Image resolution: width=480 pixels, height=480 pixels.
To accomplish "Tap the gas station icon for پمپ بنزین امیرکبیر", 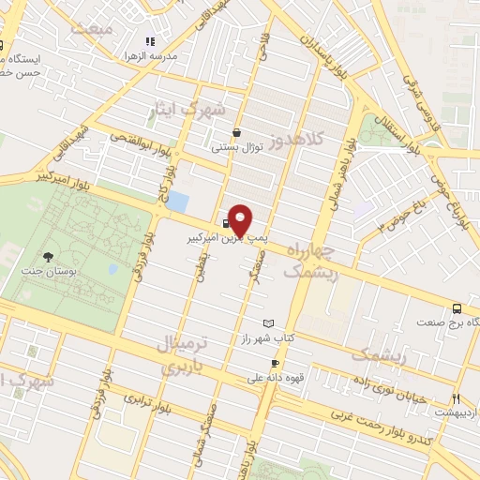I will point(226,223).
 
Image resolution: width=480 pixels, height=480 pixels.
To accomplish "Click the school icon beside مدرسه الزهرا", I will point(149,41).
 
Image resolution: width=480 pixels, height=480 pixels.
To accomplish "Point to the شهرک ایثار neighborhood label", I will point(187,111).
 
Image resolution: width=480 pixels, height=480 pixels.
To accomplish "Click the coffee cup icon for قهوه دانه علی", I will point(275,364).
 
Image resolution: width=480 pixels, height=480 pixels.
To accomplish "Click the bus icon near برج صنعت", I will point(457,308).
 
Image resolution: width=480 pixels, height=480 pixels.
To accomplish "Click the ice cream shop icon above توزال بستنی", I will point(235,133).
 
